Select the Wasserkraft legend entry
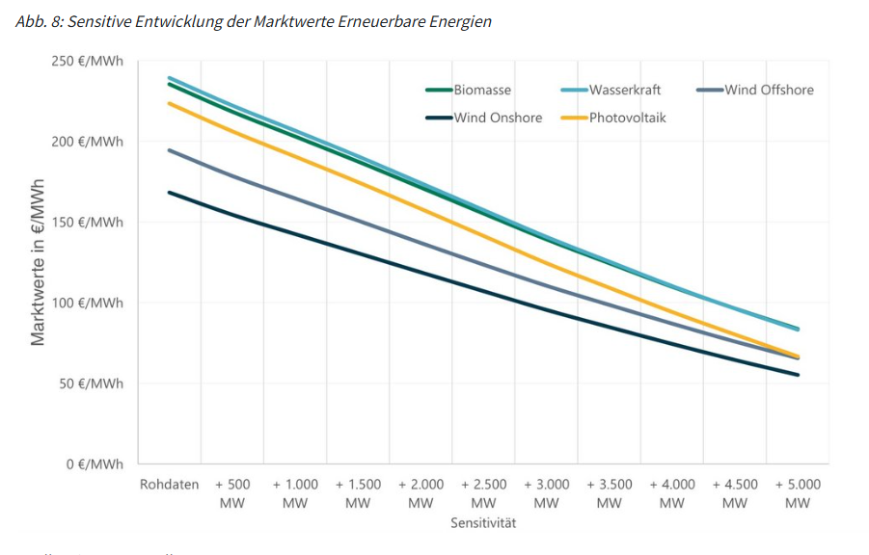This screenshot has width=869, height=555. (625, 91)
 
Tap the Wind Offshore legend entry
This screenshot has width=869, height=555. (769, 91)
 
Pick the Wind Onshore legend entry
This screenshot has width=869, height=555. (498, 118)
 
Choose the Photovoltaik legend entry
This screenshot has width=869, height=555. (628, 118)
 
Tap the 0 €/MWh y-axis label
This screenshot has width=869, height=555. (94, 464)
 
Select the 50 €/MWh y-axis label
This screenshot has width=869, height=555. (90, 383)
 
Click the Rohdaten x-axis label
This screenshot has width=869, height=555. (169, 485)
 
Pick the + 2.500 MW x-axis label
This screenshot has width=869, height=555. (483, 493)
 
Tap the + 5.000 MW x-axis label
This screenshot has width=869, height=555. (798, 493)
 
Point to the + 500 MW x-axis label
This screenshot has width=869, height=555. (232, 493)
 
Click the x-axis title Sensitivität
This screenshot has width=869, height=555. (483, 524)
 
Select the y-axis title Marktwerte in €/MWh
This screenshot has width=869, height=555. (39, 262)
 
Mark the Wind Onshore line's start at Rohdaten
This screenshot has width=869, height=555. (170, 192)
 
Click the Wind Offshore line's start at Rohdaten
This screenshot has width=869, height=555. (170, 150)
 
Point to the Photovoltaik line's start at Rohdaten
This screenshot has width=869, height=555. (170, 103)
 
